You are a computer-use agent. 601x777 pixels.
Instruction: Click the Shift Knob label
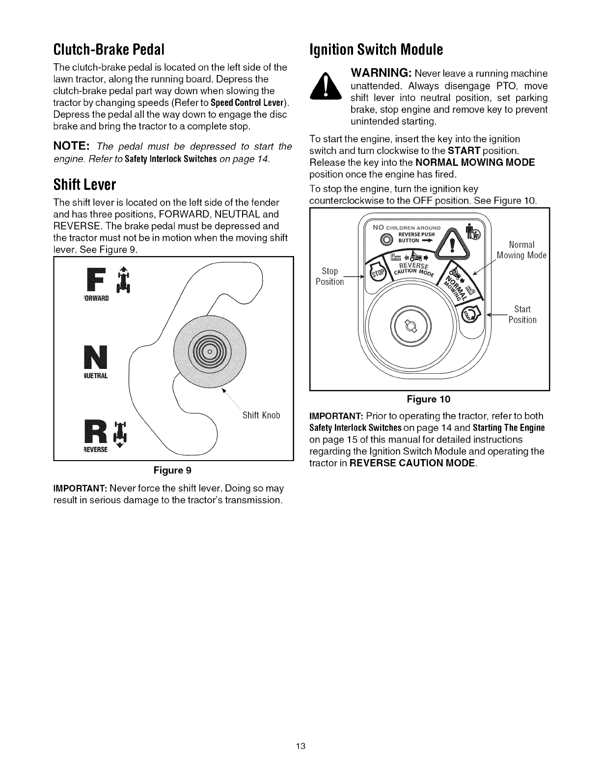coord(261,415)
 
